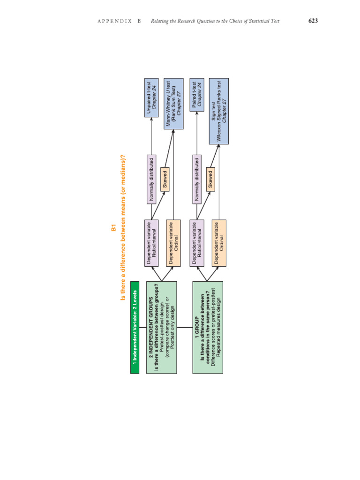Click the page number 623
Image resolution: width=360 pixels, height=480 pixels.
(313, 21)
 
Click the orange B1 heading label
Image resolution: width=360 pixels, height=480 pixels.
(113, 228)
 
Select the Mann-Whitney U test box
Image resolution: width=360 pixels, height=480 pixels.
(173, 104)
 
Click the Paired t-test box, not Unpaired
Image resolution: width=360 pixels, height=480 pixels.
(197, 95)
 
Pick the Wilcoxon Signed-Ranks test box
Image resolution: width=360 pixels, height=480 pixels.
(219, 111)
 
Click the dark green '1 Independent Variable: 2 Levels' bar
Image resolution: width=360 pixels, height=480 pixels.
(135, 327)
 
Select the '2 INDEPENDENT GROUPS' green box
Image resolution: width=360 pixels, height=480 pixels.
(162, 327)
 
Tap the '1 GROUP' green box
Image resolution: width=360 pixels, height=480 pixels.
(208, 327)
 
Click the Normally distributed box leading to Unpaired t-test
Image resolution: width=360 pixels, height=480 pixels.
(151, 179)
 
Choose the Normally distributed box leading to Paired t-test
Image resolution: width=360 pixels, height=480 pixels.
(197, 179)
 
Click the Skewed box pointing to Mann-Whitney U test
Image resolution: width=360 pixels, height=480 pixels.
(165, 179)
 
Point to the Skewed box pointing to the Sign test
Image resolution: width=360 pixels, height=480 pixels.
(210, 179)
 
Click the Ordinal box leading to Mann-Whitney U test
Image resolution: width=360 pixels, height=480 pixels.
(173, 243)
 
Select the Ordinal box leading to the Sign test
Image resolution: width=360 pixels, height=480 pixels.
(219, 243)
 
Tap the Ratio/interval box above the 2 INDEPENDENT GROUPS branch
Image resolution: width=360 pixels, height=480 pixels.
(151, 243)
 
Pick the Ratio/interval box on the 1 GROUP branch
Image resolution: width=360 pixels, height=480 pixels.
(197, 243)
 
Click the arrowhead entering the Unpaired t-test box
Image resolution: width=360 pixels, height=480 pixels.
(151, 119)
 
